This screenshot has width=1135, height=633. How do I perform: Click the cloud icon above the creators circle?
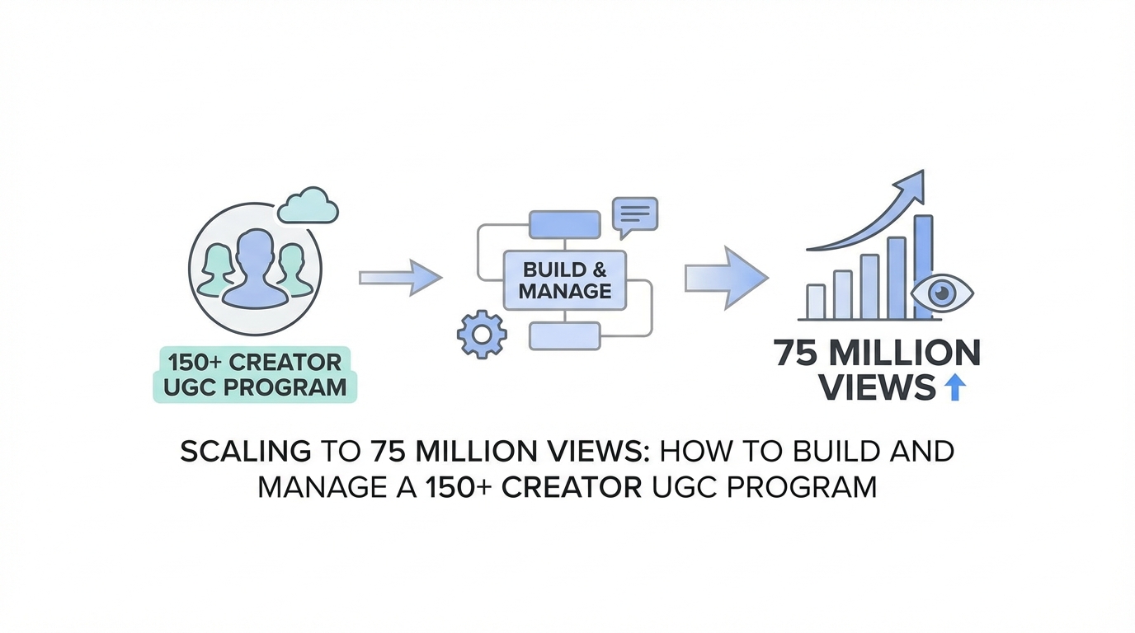coord(308,205)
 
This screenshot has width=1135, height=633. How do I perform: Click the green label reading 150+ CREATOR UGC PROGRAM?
coord(255,374)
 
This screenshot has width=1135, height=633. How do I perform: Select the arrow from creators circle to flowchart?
coord(400,278)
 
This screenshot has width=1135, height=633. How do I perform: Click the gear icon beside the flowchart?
coord(482,333)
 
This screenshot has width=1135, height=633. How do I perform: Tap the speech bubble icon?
coord(634,215)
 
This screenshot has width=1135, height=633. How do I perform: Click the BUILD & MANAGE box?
coord(565,280)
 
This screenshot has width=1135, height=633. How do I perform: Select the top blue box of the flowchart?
coord(564,224)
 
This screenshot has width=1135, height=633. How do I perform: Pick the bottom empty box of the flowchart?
coord(564,335)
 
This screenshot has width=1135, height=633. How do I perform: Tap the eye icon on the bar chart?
coord(942,293)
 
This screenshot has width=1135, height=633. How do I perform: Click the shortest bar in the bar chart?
coord(816,302)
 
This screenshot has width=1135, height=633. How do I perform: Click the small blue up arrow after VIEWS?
coord(954,387)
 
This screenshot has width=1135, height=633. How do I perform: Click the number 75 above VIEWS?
coord(796,353)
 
